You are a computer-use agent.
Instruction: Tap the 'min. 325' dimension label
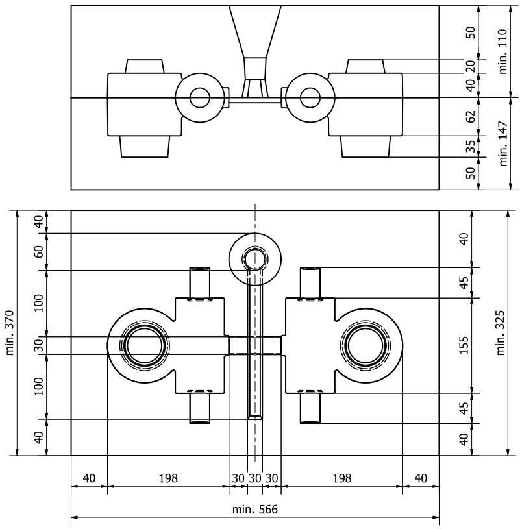(501, 333)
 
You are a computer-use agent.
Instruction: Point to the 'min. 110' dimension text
(501, 52)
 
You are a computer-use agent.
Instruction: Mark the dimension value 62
(472, 117)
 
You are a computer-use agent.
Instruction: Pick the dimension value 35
(472, 147)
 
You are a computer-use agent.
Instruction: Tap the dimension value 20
(472, 66)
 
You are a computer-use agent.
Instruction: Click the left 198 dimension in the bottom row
(167, 478)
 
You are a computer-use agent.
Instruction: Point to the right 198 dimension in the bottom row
(341, 478)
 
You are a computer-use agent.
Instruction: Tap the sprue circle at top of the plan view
(255, 258)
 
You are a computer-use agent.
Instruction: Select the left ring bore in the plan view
(145, 345)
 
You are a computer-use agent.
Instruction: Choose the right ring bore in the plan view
(365, 345)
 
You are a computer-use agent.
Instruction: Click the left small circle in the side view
(200, 98)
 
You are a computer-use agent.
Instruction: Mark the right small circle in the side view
(310, 98)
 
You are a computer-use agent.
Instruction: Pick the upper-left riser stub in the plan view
(200, 282)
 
